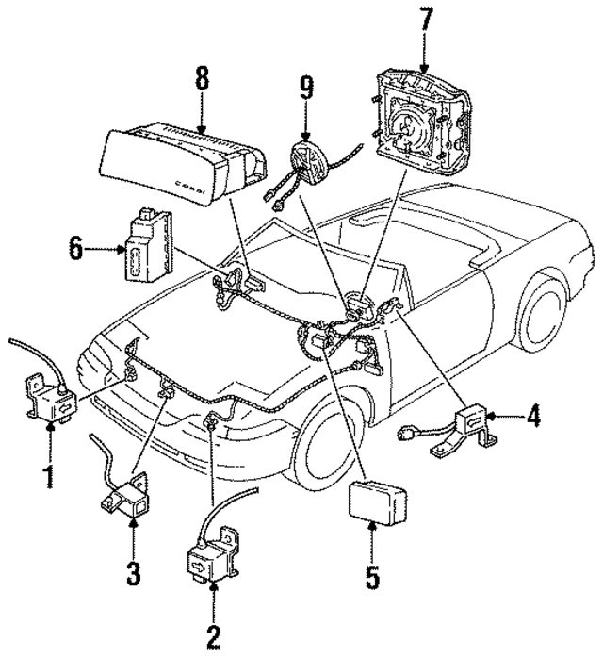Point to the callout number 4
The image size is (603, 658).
(533, 416)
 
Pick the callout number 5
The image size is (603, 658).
(372, 576)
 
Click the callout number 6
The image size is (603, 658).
(76, 250)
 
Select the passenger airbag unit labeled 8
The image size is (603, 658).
(179, 164)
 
